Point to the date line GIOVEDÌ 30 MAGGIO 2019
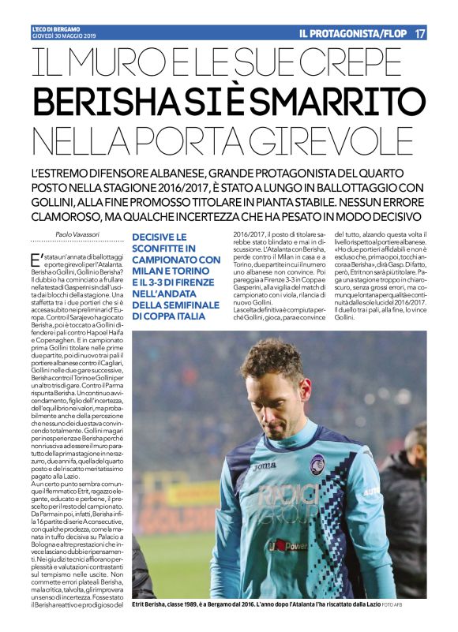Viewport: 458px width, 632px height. (x=63, y=37)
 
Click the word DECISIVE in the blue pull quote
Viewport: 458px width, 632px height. (x=159, y=237)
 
